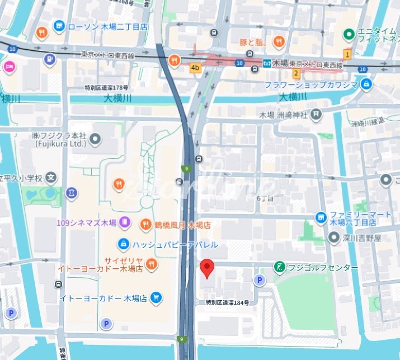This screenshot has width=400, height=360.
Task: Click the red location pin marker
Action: pos(207,268)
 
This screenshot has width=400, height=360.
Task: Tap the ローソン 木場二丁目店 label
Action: pos(107,26)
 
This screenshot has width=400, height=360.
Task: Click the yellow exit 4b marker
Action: pos(195,68)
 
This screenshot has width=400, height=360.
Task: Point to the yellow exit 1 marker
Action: pos(347,54)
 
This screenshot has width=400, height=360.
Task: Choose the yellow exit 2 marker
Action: pos(296,73)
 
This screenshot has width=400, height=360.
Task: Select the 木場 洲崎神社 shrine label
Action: pos(283,115)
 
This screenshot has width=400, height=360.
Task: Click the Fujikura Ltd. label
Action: pos(59,139)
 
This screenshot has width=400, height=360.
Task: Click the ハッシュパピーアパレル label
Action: pos(175,244)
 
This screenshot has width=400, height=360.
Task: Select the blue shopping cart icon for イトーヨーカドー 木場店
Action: pos(156,298)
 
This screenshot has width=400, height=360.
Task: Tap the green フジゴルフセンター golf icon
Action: pos(279,268)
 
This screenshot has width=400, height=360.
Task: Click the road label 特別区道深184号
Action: pos(227,302)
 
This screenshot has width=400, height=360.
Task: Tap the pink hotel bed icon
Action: pos(10,67)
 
